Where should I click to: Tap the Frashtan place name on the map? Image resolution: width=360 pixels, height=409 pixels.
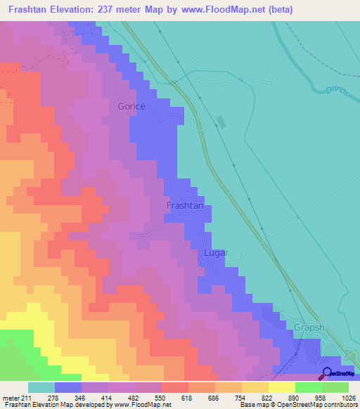[x=184, y=206]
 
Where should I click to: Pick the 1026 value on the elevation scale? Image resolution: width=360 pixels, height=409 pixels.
[x=347, y=397]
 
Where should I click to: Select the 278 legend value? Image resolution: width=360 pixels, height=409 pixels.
[x=54, y=397]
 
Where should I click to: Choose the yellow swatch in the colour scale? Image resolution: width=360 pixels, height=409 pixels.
[x=281, y=387]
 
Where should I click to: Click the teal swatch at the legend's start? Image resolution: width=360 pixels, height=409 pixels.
[x=41, y=387]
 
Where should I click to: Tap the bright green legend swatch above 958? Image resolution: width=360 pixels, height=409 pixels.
[x=308, y=387]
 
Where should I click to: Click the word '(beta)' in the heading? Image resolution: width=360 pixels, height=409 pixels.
[x=278, y=9]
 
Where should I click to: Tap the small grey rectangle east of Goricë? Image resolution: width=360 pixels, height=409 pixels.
[x=221, y=121]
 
